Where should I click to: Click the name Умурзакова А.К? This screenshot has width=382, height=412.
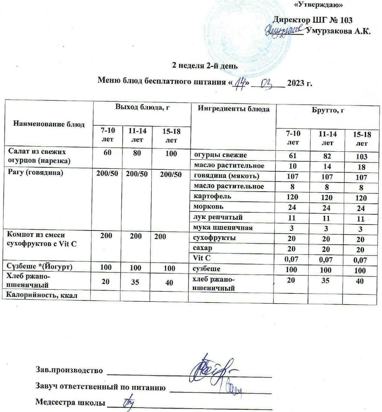[x=338, y=31]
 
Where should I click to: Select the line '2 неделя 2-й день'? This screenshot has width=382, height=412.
[x=205, y=66]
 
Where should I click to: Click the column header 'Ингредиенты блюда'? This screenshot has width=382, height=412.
[x=234, y=109]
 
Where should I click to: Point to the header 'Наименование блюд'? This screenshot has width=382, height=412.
[x=49, y=124]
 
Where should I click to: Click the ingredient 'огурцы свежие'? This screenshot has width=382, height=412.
[x=220, y=155]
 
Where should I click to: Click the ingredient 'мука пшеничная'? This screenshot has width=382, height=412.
[x=223, y=227]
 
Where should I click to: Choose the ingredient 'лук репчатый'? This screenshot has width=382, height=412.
[x=218, y=217]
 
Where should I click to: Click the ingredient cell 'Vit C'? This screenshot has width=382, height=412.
[x=202, y=258]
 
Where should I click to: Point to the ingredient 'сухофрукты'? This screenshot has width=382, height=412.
[x=214, y=238]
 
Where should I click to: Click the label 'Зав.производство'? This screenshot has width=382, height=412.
[x=69, y=370]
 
